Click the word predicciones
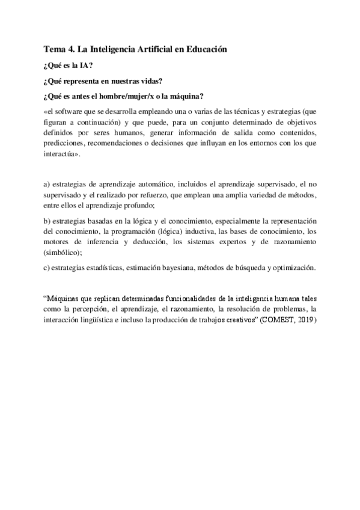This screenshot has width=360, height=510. pyautogui.click(x=67, y=144)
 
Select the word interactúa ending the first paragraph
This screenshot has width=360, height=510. pyautogui.click(x=63, y=155)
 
